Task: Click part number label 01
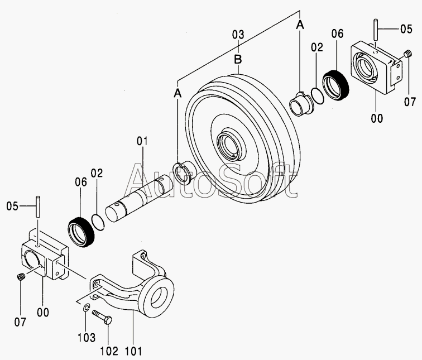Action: [141, 142]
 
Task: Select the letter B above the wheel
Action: [238, 58]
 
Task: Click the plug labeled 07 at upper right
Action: [406, 54]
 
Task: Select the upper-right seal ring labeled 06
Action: [338, 86]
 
